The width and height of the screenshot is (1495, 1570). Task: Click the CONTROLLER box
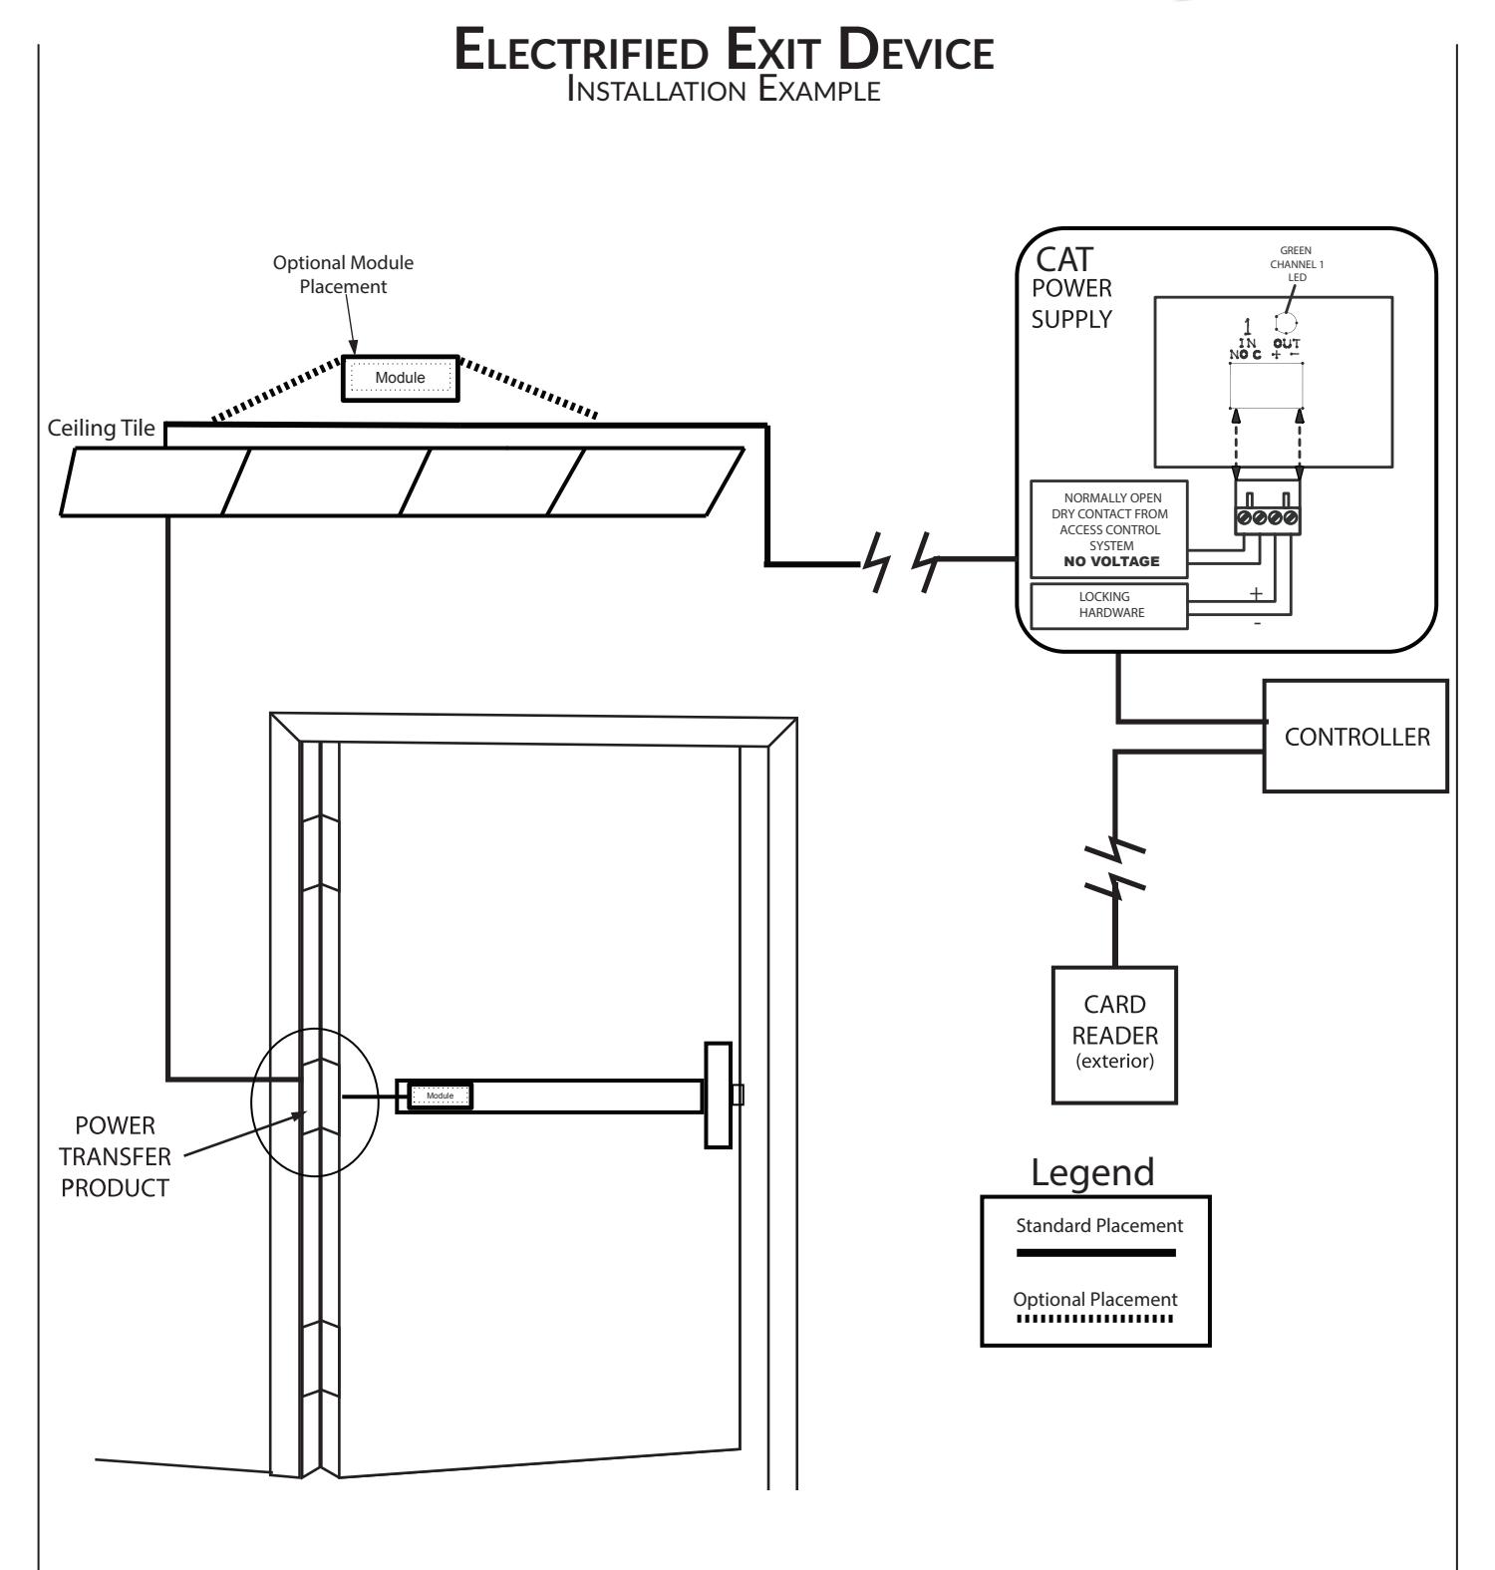[x=1355, y=736]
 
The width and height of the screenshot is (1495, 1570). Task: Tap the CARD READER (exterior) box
[x=1114, y=1034]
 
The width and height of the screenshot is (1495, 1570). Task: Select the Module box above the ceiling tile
[x=400, y=378]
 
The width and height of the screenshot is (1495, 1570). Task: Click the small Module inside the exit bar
[x=440, y=1096]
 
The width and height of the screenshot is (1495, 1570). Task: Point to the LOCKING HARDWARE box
[x=1109, y=605]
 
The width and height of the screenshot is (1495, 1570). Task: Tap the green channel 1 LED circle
[x=1286, y=323]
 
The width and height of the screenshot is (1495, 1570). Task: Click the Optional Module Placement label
[x=343, y=274]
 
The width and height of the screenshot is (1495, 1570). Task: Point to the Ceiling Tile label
[x=102, y=429]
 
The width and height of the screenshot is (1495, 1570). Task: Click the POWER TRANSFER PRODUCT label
[x=116, y=1157]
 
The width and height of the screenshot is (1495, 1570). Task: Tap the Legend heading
[x=1093, y=1172]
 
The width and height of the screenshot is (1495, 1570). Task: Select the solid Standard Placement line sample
[x=1096, y=1253]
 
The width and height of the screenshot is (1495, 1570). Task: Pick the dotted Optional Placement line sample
[x=1095, y=1320]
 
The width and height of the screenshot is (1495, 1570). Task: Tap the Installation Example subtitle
[x=723, y=91]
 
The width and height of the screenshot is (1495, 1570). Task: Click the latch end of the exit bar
[x=719, y=1095]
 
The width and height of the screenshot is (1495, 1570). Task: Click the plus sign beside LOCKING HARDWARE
[x=1256, y=593]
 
